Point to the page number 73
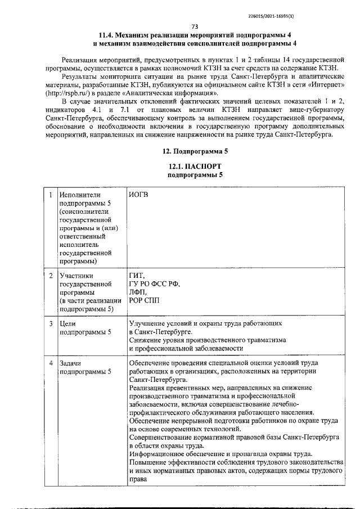pyautogui.click(x=194, y=26)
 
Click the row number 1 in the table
pyautogui.click(x=51, y=195)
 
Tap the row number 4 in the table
pyautogui.click(x=51, y=364)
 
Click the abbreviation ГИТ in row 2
pyautogui.click(x=137, y=275)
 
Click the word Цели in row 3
pyautogui.click(x=68, y=324)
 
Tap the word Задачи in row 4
pyautogui.click(x=71, y=364)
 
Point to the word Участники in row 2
pyautogui.click(x=76, y=276)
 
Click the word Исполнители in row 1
pyautogui.click(x=80, y=195)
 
